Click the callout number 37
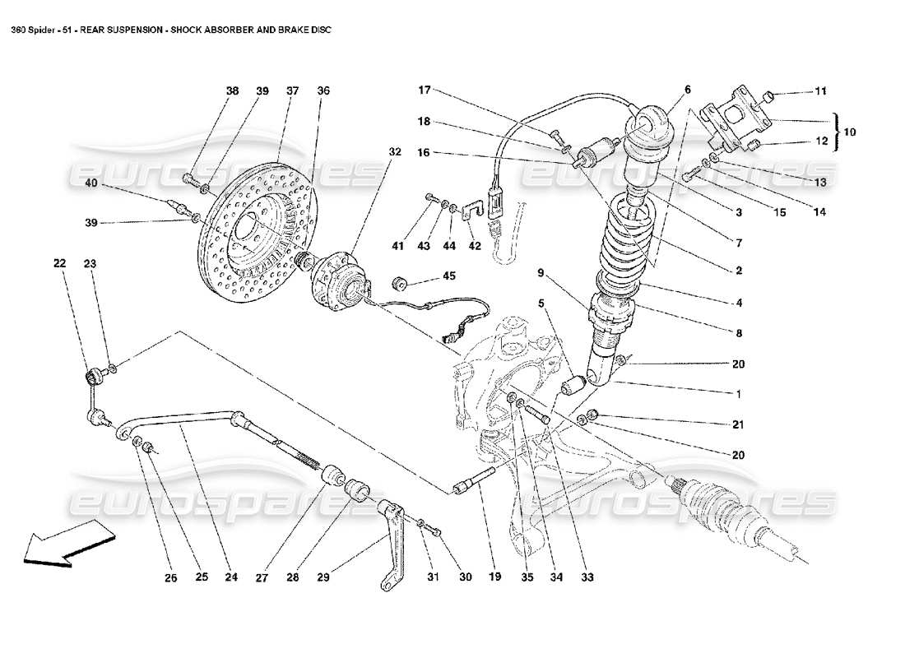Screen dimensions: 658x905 (292, 91)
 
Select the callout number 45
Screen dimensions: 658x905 (450, 276)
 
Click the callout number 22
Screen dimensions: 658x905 (59, 264)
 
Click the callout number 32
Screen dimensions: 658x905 (395, 152)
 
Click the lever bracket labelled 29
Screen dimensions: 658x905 (394, 543)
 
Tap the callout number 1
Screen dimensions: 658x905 (738, 394)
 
